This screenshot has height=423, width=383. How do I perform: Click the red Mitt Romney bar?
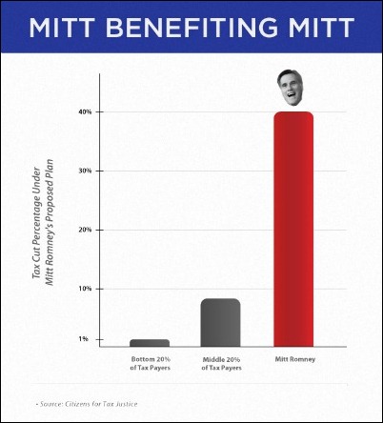293,229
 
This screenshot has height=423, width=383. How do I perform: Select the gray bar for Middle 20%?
220,323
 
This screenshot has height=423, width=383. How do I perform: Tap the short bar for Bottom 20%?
150,343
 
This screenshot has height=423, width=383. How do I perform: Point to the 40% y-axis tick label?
85,111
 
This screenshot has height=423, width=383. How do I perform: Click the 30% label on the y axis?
85,171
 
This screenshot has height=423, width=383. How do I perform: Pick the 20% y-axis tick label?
85,230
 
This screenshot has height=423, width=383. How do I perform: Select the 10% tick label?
85,289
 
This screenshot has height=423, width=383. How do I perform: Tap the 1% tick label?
83,339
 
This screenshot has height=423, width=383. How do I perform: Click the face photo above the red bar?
290,88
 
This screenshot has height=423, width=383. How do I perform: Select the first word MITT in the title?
62,28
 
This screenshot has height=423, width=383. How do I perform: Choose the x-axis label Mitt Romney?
295,359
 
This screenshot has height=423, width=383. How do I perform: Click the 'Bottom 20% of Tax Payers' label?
151,364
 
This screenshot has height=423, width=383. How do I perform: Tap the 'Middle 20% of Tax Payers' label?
221,364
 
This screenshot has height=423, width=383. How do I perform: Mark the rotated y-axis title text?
43,222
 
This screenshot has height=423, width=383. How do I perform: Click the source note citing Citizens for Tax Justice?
87,404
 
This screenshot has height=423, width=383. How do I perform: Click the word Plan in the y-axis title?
49,168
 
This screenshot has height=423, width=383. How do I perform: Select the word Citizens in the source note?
76,404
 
